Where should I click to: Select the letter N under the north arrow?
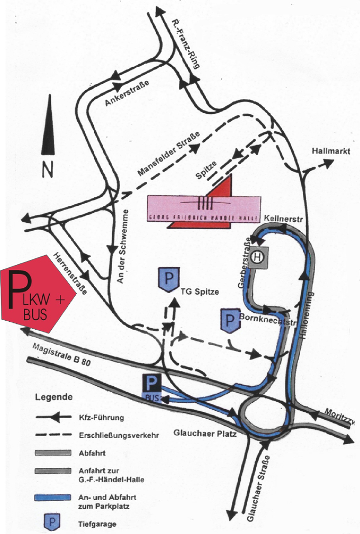48,169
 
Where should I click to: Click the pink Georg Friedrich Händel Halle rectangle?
204,207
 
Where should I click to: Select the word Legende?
55,396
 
